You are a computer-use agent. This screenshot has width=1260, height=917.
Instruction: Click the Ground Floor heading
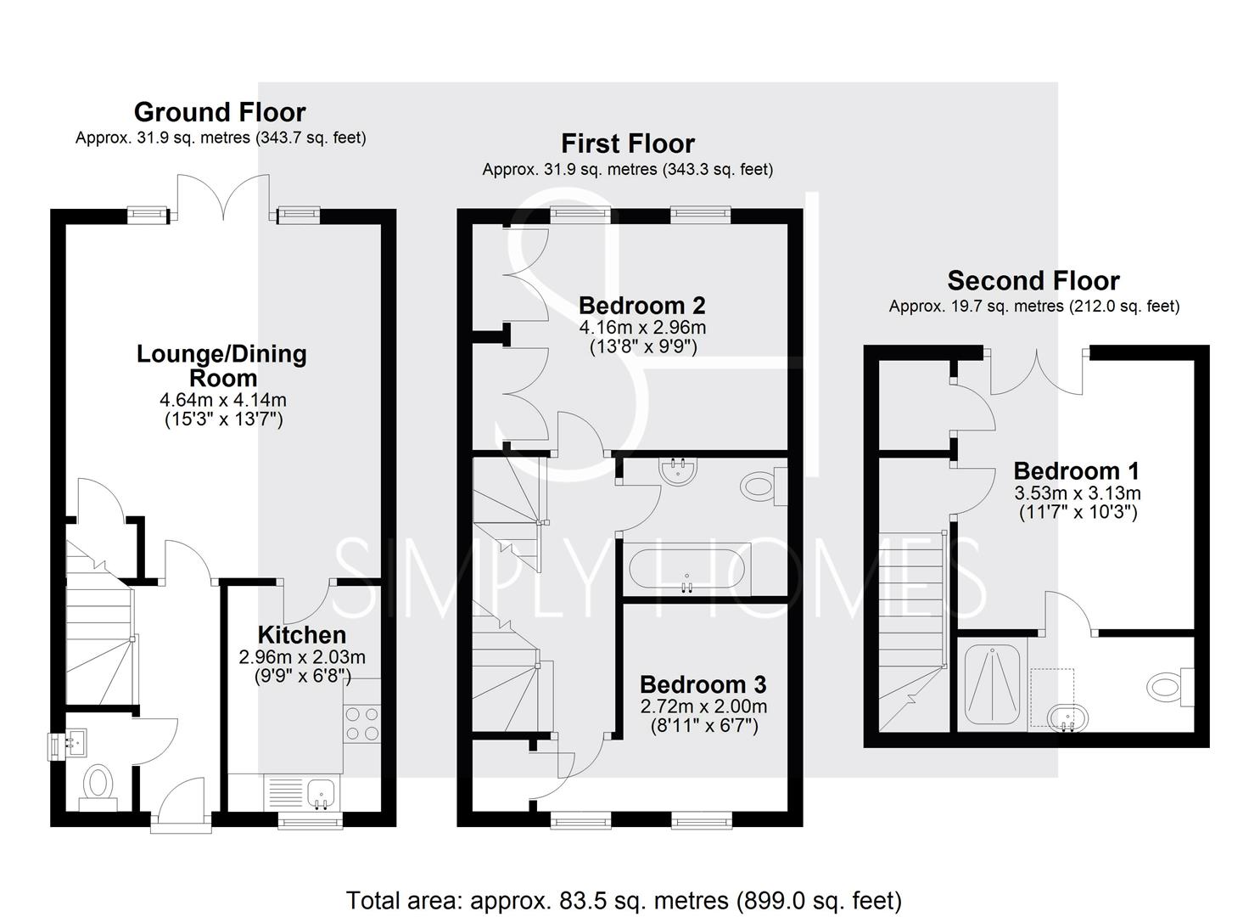click(220, 112)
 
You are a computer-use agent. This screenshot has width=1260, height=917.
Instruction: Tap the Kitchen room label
click(301, 635)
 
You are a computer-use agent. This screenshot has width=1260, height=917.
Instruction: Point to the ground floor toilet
click(98, 783)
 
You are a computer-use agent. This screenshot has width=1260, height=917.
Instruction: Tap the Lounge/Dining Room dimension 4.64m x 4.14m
click(222, 400)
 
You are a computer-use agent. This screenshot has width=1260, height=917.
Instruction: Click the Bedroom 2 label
click(641, 306)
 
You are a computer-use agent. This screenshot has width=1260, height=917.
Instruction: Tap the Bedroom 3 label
click(703, 684)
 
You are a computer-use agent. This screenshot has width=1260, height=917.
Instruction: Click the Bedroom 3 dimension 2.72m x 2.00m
click(703, 706)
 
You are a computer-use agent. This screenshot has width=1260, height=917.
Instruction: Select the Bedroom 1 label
click(1077, 471)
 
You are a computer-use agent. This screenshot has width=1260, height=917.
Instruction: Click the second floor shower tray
click(992, 686)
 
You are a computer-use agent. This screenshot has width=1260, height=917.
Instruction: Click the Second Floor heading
click(1033, 281)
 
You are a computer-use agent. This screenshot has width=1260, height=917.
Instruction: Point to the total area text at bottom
click(624, 900)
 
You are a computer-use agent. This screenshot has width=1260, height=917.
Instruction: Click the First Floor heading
click(628, 143)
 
